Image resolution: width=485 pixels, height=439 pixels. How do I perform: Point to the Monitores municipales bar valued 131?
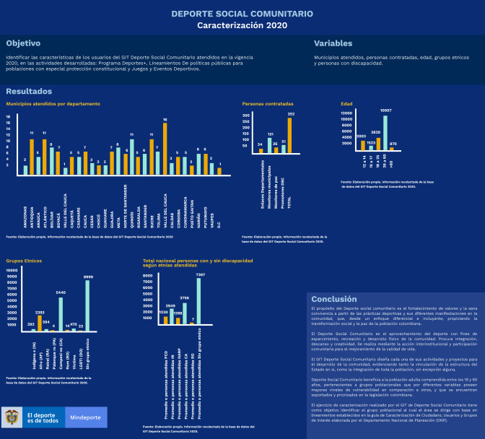[269, 145]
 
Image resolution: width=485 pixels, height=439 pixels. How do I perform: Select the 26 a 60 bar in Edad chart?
[385, 133]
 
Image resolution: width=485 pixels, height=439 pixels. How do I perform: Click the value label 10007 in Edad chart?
[386, 111]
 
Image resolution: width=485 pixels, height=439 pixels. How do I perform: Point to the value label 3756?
[185, 297]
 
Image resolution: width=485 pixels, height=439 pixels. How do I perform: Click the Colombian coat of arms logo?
[12, 417]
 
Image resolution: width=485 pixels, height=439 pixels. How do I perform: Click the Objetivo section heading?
[23, 43]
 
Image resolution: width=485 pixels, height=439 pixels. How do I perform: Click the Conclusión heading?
[333, 299]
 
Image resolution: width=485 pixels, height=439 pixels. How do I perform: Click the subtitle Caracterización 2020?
[242, 25]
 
